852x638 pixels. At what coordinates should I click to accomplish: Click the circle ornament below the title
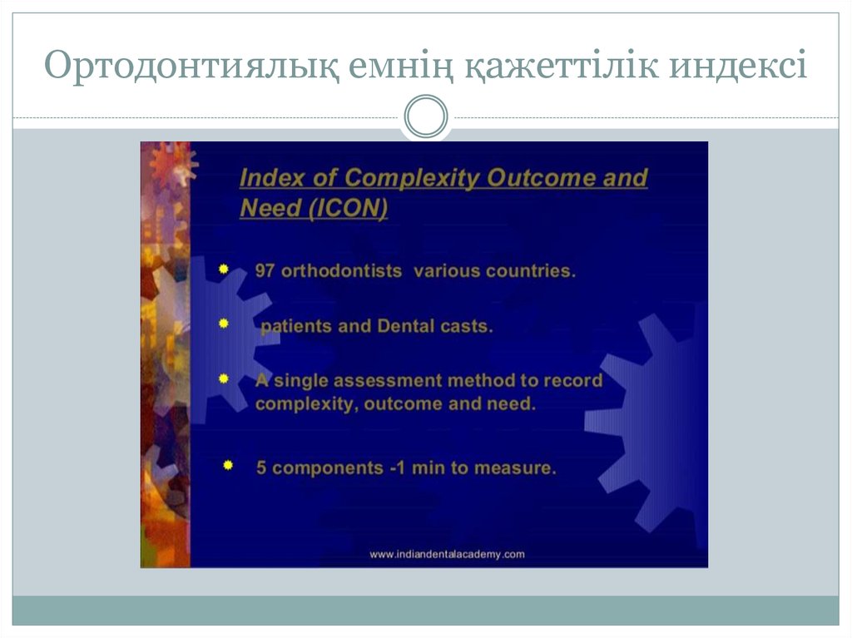(x=425, y=116)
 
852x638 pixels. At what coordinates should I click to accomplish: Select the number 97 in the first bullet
(x=265, y=272)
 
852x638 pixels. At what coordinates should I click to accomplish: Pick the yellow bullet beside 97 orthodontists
(x=224, y=270)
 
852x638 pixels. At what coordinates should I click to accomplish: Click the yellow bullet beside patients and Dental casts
(x=224, y=324)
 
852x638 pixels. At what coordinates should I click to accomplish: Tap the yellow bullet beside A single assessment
(x=224, y=378)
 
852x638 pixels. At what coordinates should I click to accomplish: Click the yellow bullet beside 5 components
(x=227, y=466)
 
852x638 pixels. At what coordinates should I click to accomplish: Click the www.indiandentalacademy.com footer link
(x=447, y=554)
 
